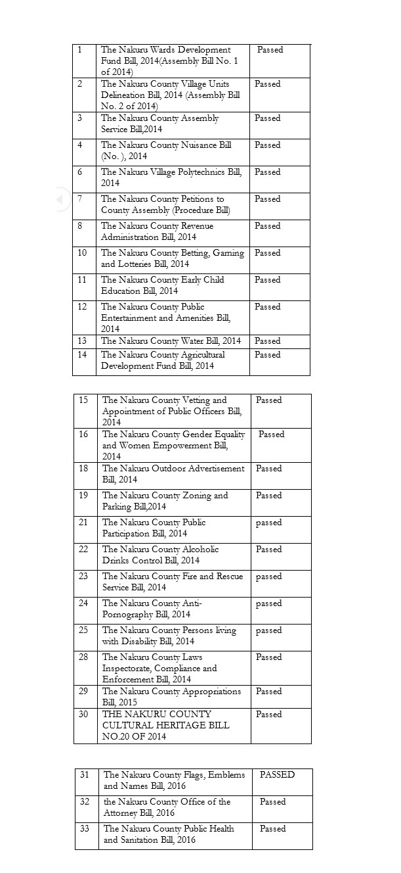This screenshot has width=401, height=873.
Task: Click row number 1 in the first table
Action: (x=80, y=50)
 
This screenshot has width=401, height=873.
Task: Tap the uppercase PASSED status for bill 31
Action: (x=277, y=774)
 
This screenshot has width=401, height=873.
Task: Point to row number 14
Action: (x=82, y=354)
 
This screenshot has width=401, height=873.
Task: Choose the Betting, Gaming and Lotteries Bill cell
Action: (x=172, y=258)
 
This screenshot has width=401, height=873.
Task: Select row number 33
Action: (x=85, y=828)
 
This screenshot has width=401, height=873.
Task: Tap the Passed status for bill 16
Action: (x=271, y=434)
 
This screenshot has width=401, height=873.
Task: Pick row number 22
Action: (x=83, y=549)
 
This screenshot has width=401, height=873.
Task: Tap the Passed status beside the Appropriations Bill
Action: (x=268, y=691)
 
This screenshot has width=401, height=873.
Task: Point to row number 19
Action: (x=83, y=495)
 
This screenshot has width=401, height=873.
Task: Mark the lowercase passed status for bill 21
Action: (x=268, y=523)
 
